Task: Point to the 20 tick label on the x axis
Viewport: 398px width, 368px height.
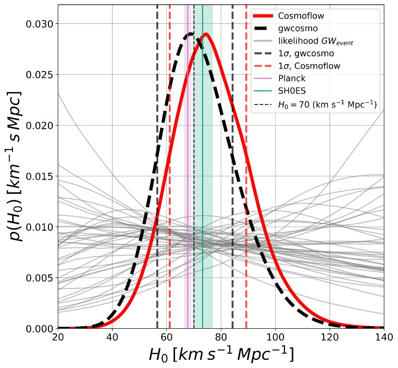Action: pos(58,338)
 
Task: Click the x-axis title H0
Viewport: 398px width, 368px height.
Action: pos(221,355)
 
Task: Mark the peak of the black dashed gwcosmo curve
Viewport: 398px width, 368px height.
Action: pos(190,34)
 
